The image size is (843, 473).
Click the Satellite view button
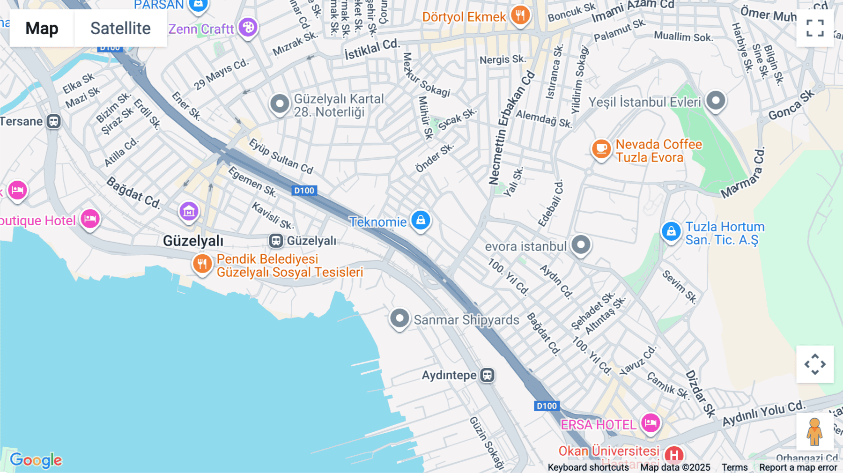tap(120, 28)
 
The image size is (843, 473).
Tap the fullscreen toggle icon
tap(815, 28)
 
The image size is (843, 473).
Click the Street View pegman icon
tap(815, 431)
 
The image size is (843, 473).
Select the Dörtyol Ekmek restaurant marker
tap(520, 15)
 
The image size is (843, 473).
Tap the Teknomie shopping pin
tap(421, 220)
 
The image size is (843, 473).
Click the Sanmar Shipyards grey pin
tap(399, 318)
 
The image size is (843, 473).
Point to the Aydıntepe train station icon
tap(488, 375)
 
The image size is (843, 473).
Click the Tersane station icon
tap(54, 121)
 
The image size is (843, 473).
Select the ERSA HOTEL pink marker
tap(651, 423)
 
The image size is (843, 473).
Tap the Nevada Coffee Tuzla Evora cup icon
tap(601, 149)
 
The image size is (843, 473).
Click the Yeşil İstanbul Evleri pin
tap(716, 100)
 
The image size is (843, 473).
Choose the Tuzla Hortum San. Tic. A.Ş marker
tap(671, 231)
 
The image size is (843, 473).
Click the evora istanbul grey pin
tap(581, 244)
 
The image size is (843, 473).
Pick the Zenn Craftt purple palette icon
tap(248, 27)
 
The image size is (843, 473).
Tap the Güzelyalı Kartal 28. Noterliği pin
tap(280, 103)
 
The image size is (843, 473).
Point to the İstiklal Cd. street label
tap(372, 49)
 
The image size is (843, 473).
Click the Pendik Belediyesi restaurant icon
tap(202, 264)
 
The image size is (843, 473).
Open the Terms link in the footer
tap(734, 467)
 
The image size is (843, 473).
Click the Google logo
tap(36, 460)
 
